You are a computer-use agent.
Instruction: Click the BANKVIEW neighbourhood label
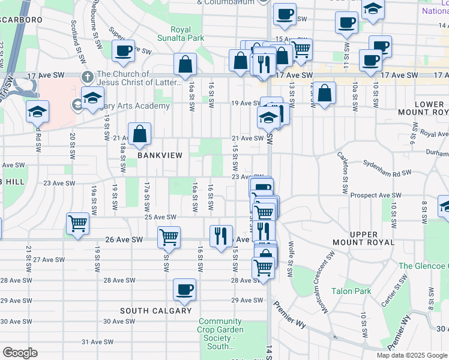click(160, 155)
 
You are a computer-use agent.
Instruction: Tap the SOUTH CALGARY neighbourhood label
click(155, 311)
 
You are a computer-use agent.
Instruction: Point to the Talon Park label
click(351, 292)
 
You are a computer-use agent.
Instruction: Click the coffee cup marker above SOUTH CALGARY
click(184, 290)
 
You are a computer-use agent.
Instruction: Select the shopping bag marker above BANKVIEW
click(139, 135)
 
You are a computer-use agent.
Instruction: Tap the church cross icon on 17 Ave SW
click(87, 77)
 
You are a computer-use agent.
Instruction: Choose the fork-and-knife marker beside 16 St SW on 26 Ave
click(221, 235)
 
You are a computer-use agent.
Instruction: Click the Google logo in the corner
click(20, 353)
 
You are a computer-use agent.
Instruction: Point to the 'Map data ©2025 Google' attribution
click(411, 355)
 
